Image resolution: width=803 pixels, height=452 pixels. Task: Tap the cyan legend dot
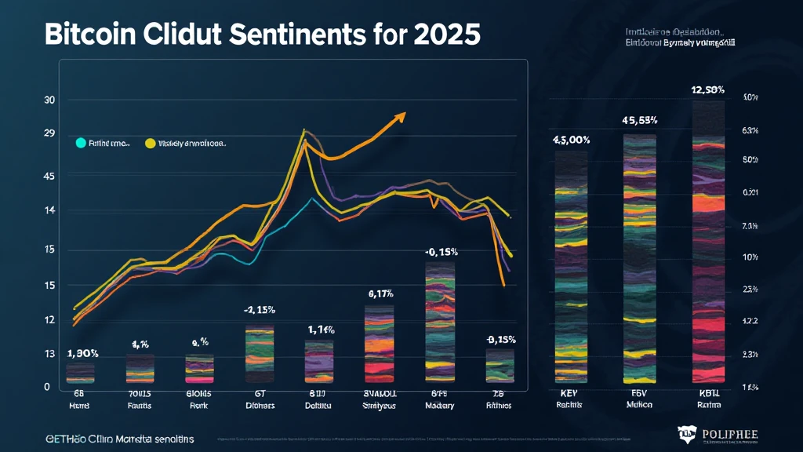click(80, 144)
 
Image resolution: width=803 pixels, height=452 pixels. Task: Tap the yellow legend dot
click(150, 144)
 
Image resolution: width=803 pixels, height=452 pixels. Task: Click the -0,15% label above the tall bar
click(441, 252)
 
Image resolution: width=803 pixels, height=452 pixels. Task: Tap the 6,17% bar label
click(380, 293)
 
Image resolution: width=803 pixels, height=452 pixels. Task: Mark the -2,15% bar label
click(259, 310)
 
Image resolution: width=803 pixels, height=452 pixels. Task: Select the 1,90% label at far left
click(82, 353)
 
